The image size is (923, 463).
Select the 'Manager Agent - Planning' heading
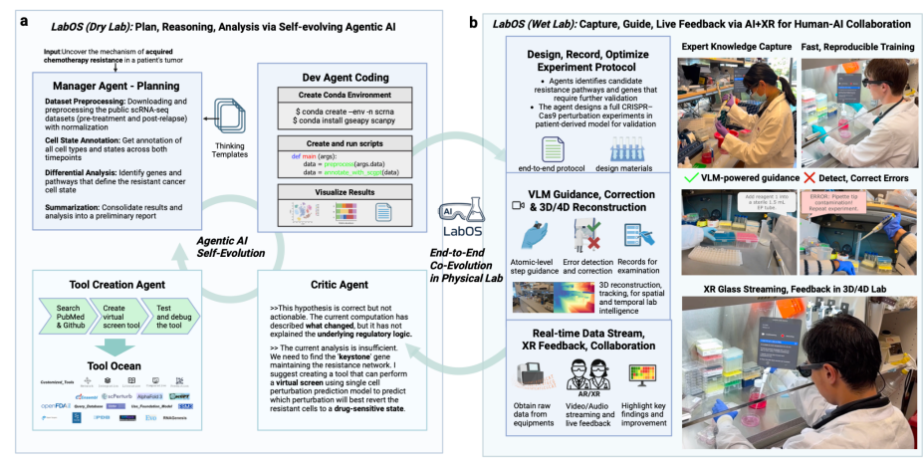tap(104, 87)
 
